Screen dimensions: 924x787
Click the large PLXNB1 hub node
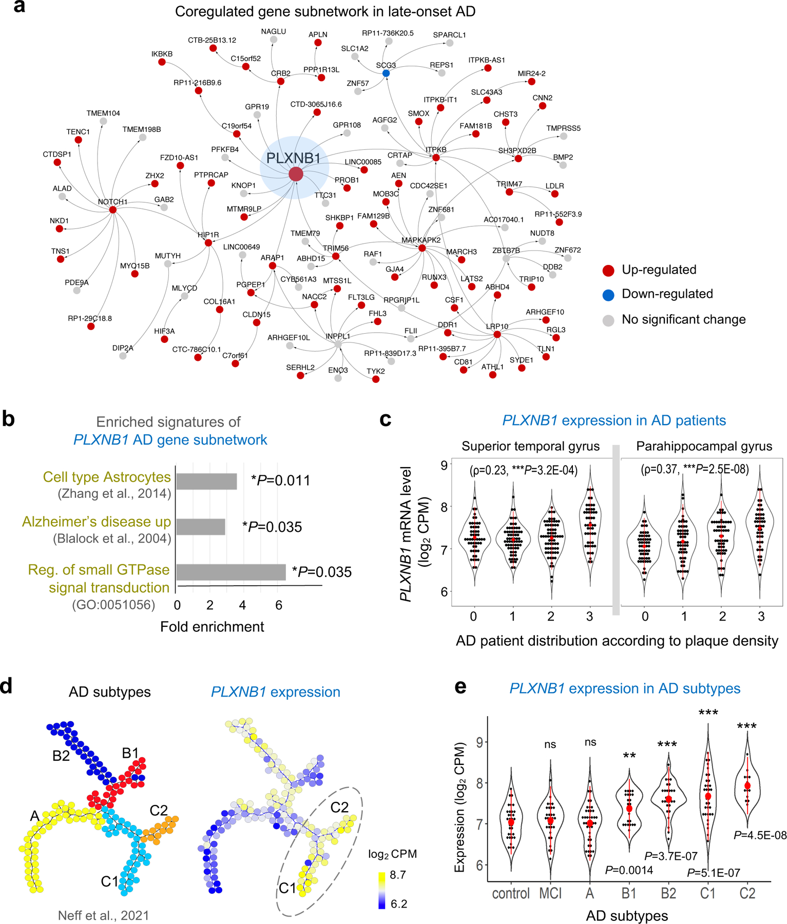(x=296, y=174)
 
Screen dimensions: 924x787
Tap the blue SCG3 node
(x=386, y=73)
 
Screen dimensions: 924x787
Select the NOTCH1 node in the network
(x=113, y=209)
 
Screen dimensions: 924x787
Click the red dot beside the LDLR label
(x=555, y=194)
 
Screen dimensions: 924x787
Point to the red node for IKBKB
(x=162, y=62)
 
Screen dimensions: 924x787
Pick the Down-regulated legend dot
(x=608, y=295)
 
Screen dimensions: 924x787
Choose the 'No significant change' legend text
(x=683, y=319)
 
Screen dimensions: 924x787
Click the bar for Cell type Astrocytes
(x=206, y=482)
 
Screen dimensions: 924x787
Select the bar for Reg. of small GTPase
(x=231, y=572)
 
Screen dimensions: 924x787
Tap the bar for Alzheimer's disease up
(x=201, y=527)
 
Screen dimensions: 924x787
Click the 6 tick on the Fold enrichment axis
(x=279, y=605)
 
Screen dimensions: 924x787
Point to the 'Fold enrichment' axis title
(x=212, y=627)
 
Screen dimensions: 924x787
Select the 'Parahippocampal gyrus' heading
(x=704, y=446)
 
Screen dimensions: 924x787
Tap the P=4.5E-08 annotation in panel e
(x=760, y=836)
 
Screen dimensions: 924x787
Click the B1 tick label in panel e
(x=629, y=894)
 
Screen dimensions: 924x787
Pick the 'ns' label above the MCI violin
(x=550, y=744)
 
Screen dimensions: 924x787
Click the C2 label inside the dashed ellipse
(x=339, y=807)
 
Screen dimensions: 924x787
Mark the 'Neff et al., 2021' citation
(x=103, y=915)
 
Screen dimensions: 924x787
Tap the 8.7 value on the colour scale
(x=398, y=875)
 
